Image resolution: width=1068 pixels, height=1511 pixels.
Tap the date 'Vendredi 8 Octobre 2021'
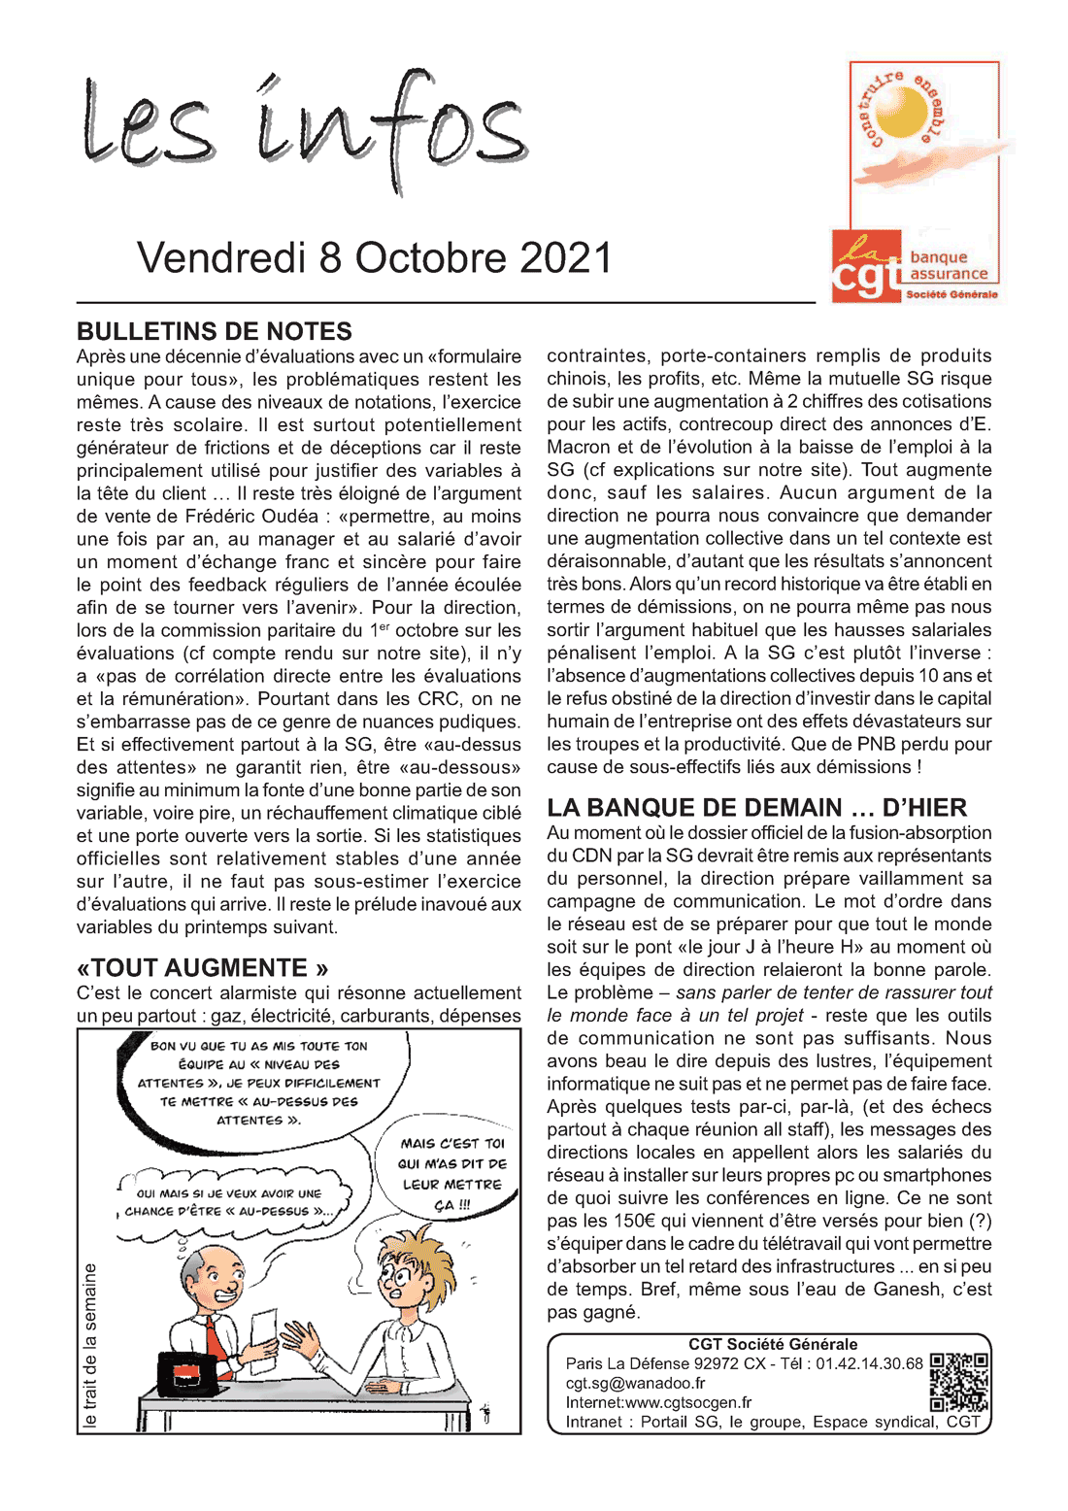coord(375,258)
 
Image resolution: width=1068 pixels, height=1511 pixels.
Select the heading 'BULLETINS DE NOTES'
coord(215,331)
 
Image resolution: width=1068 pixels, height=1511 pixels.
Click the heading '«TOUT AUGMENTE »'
coord(202,968)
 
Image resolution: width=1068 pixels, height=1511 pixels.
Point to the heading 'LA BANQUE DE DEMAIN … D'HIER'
coord(756,808)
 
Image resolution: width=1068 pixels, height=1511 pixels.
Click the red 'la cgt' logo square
coord(867,265)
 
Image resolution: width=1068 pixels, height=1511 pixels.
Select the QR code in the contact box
coord(959,1383)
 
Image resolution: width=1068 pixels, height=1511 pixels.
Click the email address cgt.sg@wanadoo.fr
coord(635,1383)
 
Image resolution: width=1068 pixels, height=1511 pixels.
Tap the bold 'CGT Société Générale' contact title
coord(773,1345)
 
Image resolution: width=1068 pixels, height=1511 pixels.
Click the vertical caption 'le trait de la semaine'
coord(90,1345)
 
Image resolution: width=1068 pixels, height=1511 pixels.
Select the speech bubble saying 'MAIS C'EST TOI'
coord(452,1174)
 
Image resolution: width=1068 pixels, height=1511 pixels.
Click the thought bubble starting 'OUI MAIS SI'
coord(229,1202)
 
